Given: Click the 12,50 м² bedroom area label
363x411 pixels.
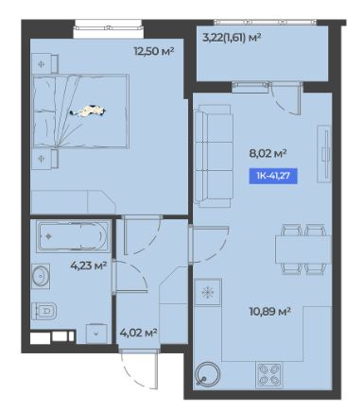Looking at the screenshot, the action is pos(154,51).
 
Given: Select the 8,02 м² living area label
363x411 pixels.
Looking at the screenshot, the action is pos(268,154).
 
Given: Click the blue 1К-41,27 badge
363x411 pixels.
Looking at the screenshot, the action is pos(273,176).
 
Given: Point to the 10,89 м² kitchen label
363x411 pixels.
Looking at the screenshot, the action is pos(269,312).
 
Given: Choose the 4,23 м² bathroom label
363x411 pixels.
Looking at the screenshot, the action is pos(89,265).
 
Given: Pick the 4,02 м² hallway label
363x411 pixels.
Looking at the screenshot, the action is pos(139,333).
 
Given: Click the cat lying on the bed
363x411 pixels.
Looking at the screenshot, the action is pos(88,111).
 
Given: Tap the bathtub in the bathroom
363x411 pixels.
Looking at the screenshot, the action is pos(73,236).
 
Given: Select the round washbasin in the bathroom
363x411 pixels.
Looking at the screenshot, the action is pos(41,276).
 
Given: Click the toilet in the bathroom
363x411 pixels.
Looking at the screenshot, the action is pos(44,311).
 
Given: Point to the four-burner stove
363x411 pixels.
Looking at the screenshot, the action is pos(269,375).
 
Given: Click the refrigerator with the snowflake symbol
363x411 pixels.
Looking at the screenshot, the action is pos(208,293).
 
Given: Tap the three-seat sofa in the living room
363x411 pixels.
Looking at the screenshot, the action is pos(214,156).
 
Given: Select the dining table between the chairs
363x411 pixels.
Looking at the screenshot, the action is pos(303,249).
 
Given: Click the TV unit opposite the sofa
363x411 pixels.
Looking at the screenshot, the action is pos(324,154).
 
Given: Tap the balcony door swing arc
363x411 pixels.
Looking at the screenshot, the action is pos(284,104).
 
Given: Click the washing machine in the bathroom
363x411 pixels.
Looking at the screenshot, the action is pos(96,333).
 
